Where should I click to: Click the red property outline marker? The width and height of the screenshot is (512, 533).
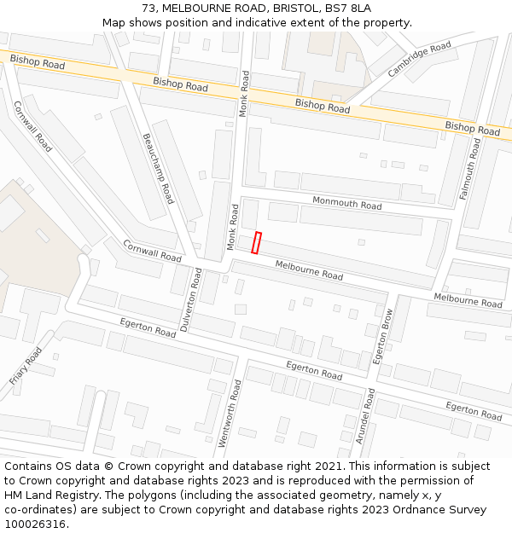pos(256,243)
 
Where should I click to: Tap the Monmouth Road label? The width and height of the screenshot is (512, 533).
pos(346,204)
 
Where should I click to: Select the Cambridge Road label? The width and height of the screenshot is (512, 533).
pos(419,60)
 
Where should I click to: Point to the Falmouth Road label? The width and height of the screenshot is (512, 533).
pos(470,169)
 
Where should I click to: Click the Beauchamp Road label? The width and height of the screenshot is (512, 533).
pos(158,168)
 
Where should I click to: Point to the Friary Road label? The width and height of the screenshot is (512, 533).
pos(26,366)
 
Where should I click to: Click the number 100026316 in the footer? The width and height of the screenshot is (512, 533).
pos(35,524)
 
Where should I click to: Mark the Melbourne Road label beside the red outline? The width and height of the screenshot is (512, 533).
pos(308,270)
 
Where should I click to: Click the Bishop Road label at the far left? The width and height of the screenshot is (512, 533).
pos(37,61)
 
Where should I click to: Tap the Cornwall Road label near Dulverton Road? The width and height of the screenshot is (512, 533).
pos(152,251)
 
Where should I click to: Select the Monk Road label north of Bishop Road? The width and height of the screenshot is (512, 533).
pos(245,94)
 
